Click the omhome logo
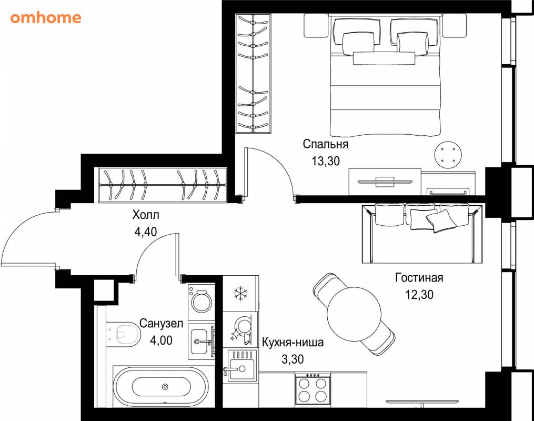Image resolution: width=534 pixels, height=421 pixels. click(x=46, y=18)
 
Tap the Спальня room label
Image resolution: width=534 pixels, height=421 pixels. click(x=326, y=144)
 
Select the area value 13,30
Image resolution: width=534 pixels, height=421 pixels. click(x=326, y=161)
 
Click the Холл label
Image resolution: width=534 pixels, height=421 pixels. click(x=145, y=215)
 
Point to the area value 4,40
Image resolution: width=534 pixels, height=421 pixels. click(x=146, y=232)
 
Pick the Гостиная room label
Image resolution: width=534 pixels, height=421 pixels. click(x=419, y=278)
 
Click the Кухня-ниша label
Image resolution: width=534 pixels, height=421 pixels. click(x=293, y=342)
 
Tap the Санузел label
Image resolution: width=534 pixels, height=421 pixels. click(x=161, y=323)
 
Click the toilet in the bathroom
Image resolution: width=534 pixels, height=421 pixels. click(x=123, y=334)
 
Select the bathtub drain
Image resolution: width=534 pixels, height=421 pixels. click(x=165, y=387)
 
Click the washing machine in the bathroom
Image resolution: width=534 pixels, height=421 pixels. click(x=201, y=302)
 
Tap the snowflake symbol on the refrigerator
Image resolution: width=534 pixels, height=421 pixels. click(x=240, y=294)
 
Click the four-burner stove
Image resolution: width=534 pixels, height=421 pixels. click(x=313, y=389)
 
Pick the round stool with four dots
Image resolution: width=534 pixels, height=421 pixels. click(x=448, y=155)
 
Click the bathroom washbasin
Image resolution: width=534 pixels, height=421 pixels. click(x=201, y=342)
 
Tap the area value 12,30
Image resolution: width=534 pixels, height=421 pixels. click(x=419, y=294)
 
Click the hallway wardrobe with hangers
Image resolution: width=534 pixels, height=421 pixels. click(x=163, y=185)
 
